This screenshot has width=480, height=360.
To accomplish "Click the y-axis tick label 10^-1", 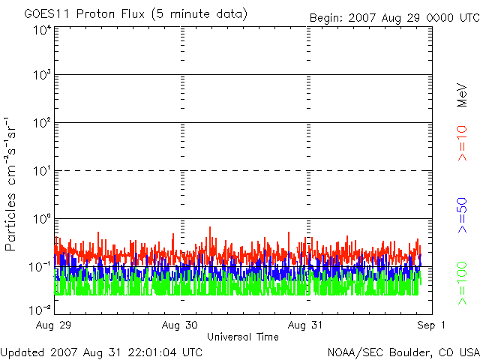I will click(40, 266).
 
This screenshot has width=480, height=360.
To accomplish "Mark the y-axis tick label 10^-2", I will click(40, 309).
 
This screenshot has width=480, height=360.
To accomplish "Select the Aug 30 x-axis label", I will click(181, 325).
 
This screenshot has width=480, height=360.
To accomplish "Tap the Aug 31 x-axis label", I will click(307, 325).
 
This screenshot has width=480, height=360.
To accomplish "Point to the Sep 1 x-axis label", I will click(432, 325).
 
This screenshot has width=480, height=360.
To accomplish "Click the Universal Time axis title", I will click(243, 337).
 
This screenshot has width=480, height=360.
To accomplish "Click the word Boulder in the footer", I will click(409, 351).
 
